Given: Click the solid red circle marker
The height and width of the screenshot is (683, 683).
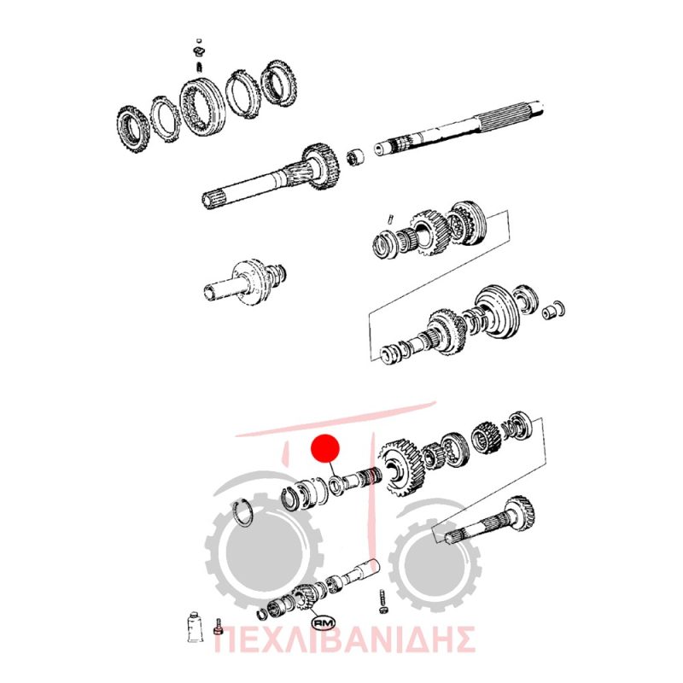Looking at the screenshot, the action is [325, 449].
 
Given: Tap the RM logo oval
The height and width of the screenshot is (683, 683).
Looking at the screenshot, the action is [324, 623].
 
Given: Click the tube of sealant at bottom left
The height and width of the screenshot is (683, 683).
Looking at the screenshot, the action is [193, 627].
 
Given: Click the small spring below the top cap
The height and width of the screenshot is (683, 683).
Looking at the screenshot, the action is [200, 67].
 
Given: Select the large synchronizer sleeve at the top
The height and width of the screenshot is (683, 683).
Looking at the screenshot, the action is [202, 108].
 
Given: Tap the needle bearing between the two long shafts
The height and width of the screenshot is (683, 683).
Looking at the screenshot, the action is [356, 158].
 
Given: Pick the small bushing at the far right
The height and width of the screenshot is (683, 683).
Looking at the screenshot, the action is [553, 310].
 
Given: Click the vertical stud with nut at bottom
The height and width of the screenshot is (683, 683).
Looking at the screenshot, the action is [382, 602].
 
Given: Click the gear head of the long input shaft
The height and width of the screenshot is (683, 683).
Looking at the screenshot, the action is [322, 167].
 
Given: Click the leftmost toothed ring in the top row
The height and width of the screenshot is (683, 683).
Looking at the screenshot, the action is [132, 129].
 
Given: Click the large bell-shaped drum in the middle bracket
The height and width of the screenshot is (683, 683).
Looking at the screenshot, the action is [497, 312].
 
